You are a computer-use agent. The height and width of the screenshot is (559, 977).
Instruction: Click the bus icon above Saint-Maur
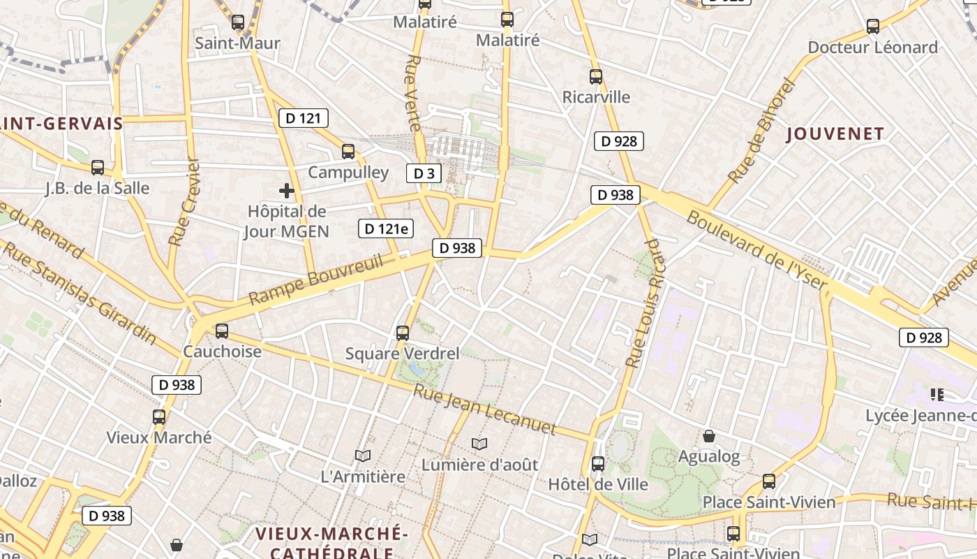click(x=238, y=22)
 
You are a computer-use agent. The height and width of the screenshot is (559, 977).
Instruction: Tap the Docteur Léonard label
click(x=872, y=48)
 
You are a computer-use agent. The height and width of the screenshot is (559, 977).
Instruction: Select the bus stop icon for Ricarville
click(x=595, y=77)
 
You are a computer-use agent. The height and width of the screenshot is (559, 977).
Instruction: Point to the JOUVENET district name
click(x=835, y=133)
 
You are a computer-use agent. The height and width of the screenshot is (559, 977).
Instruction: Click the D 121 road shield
click(x=303, y=118)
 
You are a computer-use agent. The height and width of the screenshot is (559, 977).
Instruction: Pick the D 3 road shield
click(x=424, y=173)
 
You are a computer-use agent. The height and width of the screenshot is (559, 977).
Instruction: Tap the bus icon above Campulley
click(x=348, y=151)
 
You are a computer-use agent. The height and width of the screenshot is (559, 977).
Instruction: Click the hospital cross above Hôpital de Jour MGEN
click(x=286, y=190)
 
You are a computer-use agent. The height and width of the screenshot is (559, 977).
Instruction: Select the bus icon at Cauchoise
click(x=222, y=331)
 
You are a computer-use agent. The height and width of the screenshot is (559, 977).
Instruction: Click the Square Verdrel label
click(x=403, y=354)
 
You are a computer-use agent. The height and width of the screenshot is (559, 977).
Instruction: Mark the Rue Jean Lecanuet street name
click(x=484, y=409)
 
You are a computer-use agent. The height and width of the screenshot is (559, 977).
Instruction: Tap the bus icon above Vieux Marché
click(x=159, y=417)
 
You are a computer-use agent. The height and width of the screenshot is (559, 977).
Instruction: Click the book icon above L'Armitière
click(x=362, y=456)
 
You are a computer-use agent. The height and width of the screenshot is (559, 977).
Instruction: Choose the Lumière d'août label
click(x=479, y=465)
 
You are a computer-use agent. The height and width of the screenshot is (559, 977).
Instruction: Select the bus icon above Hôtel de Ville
click(x=598, y=463)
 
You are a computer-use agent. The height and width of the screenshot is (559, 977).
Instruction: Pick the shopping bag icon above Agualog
click(x=709, y=437)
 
